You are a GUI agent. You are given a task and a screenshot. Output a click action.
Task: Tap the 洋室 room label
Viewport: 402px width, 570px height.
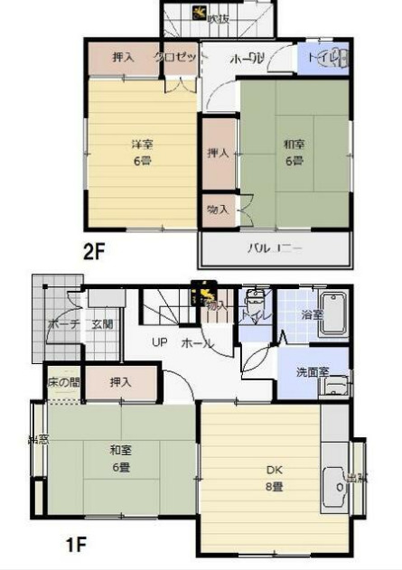tap(139, 145)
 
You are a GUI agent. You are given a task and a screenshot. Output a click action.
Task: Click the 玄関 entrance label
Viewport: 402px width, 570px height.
tap(102, 324)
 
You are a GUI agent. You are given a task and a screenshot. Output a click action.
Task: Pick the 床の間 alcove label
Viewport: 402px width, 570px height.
tap(62, 383)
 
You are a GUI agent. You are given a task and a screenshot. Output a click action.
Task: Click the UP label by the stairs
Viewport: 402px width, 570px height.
tap(159, 343)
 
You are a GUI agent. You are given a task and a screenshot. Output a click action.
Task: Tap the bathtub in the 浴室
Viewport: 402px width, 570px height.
tap(334, 313)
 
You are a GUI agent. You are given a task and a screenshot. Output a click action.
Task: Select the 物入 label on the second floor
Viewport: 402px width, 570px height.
tap(218, 210)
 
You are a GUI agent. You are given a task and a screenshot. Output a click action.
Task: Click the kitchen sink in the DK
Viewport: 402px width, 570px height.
tap(335, 483)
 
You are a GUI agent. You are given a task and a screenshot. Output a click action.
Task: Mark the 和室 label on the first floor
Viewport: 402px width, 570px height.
tap(119, 451)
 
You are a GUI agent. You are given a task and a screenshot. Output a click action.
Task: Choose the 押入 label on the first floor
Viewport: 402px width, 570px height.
tap(121, 383)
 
